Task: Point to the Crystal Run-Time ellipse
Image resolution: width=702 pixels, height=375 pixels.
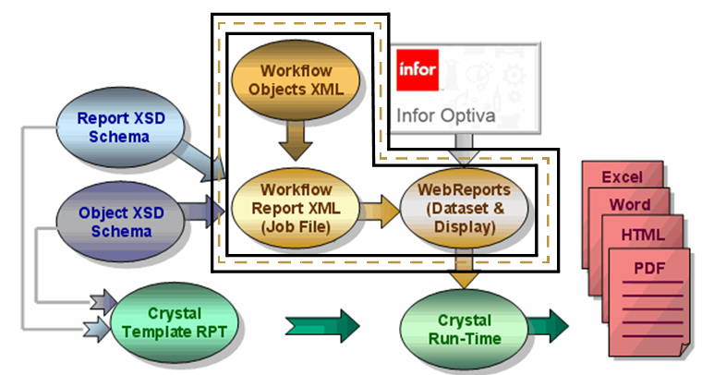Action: [464, 328]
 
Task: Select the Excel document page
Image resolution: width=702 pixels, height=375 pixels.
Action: [621, 175]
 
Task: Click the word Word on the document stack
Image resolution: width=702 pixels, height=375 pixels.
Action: [631, 204]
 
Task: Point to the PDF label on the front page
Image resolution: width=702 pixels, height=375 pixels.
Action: [649, 269]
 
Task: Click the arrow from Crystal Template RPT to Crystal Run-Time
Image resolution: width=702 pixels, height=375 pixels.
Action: [322, 325]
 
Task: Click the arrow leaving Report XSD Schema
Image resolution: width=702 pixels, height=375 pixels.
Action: [203, 161]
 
